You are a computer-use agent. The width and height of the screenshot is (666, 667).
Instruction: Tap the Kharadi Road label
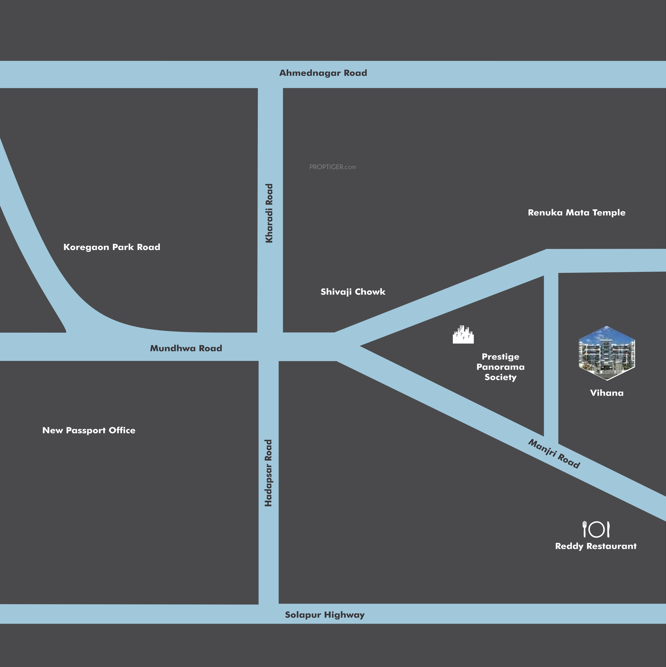269,213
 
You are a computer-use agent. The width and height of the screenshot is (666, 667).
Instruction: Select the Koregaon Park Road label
112,247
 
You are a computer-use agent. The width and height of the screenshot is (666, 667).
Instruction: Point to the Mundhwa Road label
186,348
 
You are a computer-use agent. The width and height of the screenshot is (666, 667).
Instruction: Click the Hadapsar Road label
268,473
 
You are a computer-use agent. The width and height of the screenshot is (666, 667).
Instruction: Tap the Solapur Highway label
325,615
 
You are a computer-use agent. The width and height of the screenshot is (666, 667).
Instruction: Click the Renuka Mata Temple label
577,213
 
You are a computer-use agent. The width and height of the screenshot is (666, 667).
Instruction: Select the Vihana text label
607,393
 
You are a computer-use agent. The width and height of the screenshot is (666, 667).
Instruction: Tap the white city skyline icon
463,335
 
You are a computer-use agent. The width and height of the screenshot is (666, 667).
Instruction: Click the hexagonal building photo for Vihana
607,353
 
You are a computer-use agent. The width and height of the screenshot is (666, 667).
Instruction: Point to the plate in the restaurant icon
597,530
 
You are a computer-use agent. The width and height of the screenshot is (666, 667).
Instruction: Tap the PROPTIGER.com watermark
332,167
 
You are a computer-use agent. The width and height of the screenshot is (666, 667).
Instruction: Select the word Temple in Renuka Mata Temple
609,213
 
